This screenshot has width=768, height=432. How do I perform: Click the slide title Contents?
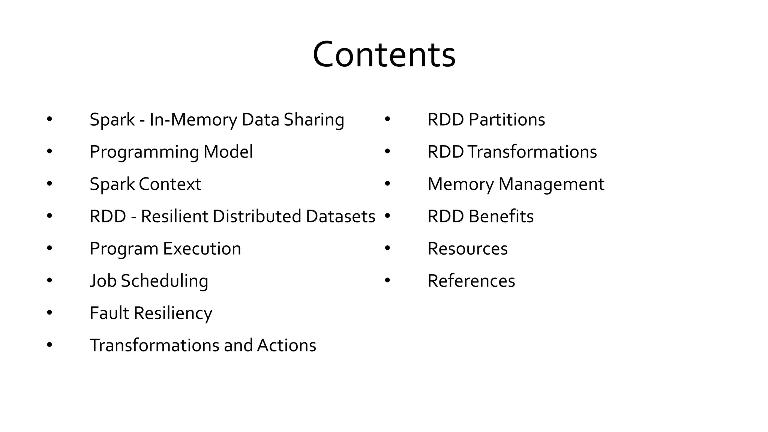click(x=384, y=55)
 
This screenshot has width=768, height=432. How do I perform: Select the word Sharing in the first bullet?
click(x=314, y=120)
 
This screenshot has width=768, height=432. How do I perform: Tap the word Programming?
click(x=144, y=152)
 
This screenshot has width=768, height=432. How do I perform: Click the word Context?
click(x=170, y=184)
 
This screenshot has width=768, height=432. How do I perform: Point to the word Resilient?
click(x=174, y=216)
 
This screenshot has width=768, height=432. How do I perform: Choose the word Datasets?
click(x=340, y=216)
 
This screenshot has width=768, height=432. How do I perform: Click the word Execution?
click(x=202, y=249)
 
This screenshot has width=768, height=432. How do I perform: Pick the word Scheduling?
click(x=164, y=281)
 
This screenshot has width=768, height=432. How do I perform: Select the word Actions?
click(x=286, y=345)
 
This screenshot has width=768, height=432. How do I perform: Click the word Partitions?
click(x=507, y=120)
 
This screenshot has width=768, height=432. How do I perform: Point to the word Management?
click(x=551, y=184)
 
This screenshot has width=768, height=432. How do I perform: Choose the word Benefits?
click(x=501, y=216)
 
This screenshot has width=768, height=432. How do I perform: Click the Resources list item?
click(x=467, y=249)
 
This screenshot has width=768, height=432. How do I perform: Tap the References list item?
click(x=471, y=281)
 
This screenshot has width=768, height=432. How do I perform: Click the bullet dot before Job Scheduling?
click(x=49, y=280)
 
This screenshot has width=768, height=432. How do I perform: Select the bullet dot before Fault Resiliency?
click(x=49, y=313)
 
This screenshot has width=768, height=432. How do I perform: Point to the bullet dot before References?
click(x=387, y=280)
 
